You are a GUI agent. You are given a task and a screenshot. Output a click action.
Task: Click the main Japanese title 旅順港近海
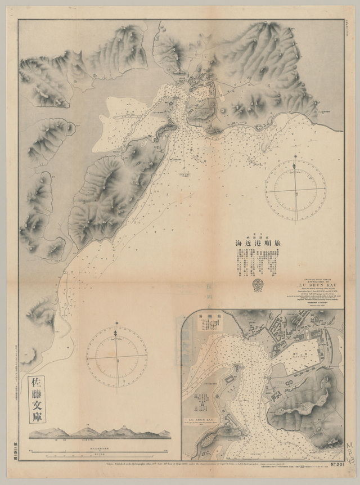(258, 243)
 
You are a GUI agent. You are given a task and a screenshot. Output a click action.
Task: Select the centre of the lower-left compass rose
(116, 356)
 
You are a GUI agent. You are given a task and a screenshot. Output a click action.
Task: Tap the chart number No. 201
(334, 464)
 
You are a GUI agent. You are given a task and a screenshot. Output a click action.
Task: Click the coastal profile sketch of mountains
(100, 432)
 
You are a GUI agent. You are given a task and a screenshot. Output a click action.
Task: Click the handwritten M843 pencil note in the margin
(350, 452)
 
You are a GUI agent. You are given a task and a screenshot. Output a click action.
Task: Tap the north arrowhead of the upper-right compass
(295, 165)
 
